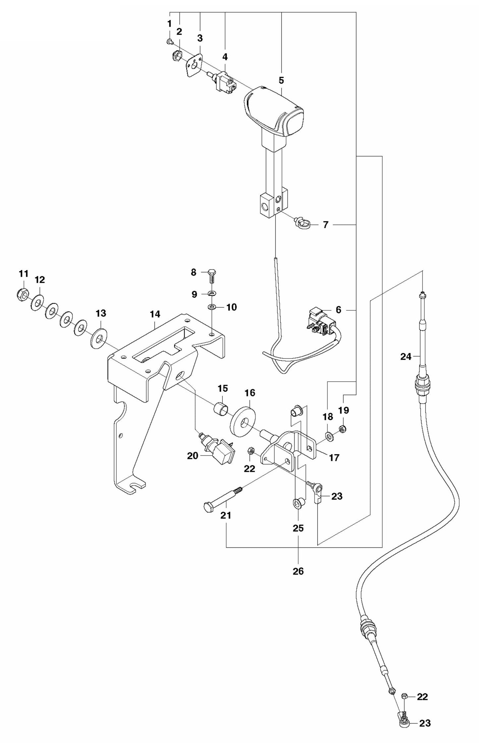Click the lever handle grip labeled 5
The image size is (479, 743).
point(273,111)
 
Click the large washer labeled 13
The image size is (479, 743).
point(99,338)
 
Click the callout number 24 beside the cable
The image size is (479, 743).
point(406,357)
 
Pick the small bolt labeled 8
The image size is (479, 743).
point(211,276)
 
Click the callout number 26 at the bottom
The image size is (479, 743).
point(298,571)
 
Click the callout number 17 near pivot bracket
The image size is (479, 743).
point(334,458)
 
